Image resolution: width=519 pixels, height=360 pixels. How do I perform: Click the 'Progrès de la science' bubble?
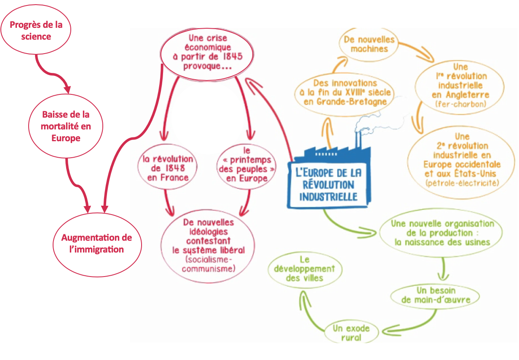coord(36,31)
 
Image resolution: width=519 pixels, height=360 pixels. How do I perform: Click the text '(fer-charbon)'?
coord(460,104)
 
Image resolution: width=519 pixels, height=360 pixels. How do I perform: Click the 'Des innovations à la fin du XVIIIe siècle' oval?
coord(345,92)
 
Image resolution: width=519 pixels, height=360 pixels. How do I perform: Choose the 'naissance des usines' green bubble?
coord(441,233)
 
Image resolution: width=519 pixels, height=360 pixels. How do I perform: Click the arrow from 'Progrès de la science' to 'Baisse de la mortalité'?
coord(53,72)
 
